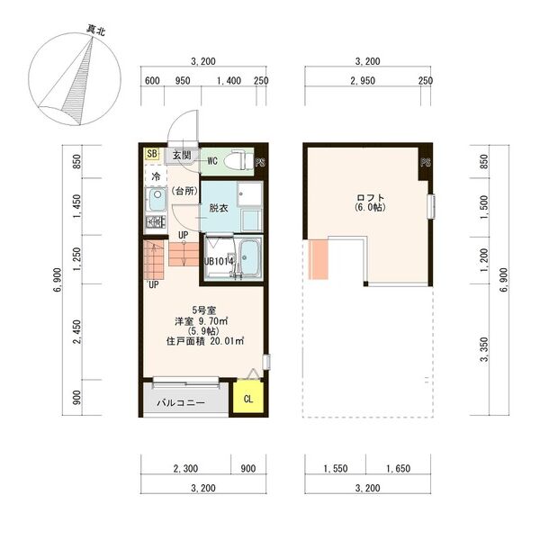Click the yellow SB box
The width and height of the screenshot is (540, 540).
tap(152, 154)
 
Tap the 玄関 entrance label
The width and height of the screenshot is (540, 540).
tap(182, 155)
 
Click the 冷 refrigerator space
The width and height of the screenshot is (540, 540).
tap(156, 176)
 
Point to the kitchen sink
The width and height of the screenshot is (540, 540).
tap(157, 200)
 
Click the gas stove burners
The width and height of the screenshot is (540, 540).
tap(156, 221)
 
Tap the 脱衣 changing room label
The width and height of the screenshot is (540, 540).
tap(219, 208)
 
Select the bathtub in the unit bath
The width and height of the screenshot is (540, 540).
tap(249, 257)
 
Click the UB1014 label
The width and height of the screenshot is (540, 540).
tap(219, 261)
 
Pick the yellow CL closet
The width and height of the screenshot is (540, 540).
tap(248, 397)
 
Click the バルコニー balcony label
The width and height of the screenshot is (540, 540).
tap(181, 402)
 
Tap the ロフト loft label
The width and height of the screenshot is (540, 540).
tap(371, 198)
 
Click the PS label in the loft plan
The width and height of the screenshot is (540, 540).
tap(426, 162)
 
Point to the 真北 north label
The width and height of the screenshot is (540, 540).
tap(95, 31)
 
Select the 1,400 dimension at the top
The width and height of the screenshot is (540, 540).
tap(229, 81)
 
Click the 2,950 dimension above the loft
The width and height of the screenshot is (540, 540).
tap(363, 81)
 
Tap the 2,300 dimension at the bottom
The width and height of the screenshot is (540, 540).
tap(185, 468)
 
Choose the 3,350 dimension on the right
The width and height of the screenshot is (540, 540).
tap(484, 349)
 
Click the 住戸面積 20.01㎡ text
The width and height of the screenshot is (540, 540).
tap(205, 341)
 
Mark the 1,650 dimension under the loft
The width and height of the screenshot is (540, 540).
tap(398, 468)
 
